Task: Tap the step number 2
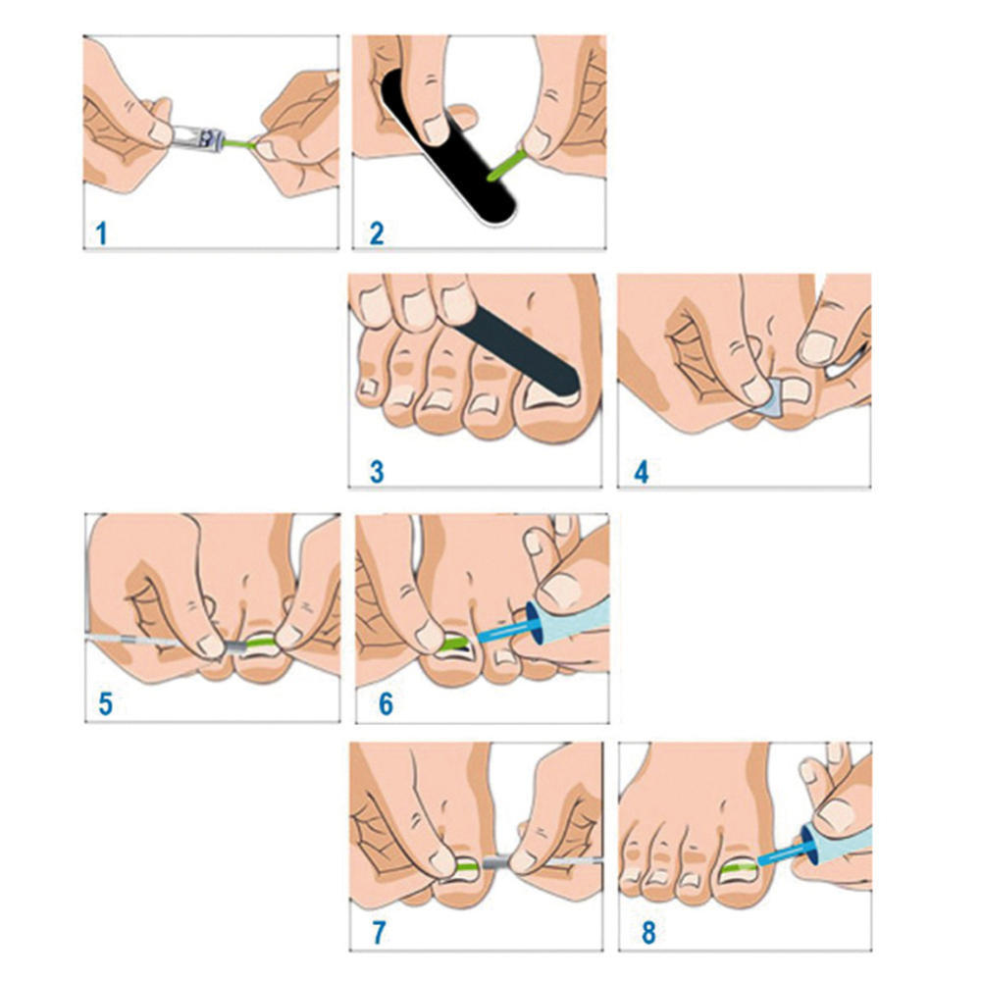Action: [x=378, y=233]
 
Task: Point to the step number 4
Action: [x=642, y=471]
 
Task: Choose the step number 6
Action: [x=385, y=703]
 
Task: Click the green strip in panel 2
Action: [x=504, y=163]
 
